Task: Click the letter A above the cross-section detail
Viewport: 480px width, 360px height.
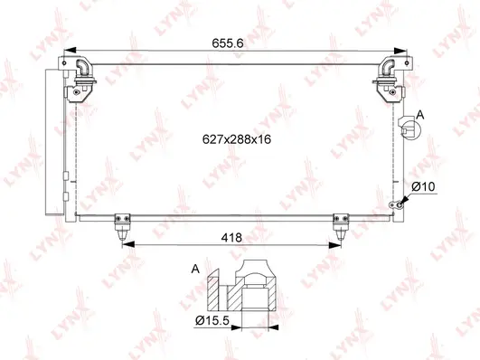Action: pos(196,269)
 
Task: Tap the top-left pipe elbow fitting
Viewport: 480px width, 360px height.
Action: pos(82,71)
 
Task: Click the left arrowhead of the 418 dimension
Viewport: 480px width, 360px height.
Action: pos(125,243)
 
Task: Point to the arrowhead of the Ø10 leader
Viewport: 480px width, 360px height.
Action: pos(399,203)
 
